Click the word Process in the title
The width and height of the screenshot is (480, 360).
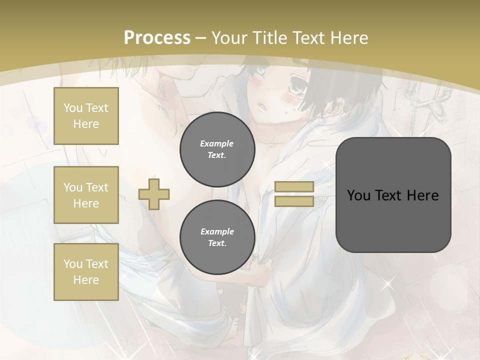click(157, 37)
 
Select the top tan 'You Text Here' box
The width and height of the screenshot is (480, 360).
click(86, 116)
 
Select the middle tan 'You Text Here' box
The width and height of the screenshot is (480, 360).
click(86, 195)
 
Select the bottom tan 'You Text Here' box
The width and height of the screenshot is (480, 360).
click(86, 272)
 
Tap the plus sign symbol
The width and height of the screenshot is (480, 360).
click(154, 193)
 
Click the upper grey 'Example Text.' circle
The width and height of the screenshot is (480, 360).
click(217, 149)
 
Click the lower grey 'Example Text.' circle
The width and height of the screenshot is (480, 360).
click(217, 237)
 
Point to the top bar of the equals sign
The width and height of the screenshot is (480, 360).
click(294, 186)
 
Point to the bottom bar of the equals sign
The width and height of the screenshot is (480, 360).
click(294, 201)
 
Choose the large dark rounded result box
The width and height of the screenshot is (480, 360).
click(393, 194)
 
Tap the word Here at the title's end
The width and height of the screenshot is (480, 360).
click(347, 37)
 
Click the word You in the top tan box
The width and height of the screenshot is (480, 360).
click(73, 108)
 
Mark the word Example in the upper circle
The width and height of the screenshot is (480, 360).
click(217, 143)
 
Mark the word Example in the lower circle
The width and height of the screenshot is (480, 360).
click(217, 231)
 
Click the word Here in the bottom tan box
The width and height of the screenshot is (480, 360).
click(86, 280)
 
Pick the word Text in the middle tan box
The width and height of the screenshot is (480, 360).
click(97, 187)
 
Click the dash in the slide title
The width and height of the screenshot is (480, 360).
click(201, 37)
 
